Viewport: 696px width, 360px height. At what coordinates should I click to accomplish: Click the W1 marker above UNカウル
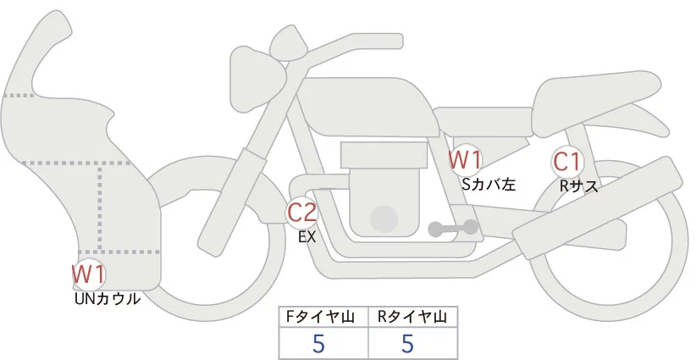[x=88, y=274]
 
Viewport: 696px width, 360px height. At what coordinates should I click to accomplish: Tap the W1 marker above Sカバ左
[x=465, y=158]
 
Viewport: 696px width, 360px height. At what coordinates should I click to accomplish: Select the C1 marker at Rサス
[x=566, y=161]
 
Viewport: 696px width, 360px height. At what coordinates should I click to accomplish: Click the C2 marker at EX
[x=302, y=212]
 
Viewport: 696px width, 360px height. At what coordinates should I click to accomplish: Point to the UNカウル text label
[x=107, y=298]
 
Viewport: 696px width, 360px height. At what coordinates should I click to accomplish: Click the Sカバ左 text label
[x=489, y=183]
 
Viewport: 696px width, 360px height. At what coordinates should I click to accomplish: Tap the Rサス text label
[x=578, y=186]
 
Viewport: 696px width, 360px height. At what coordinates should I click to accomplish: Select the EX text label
[x=307, y=237]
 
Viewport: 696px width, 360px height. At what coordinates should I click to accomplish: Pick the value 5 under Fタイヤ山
[x=318, y=344]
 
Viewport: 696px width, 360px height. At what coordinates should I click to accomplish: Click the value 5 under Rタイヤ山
[x=407, y=344]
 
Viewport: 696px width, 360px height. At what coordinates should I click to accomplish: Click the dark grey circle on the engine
[x=385, y=218]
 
